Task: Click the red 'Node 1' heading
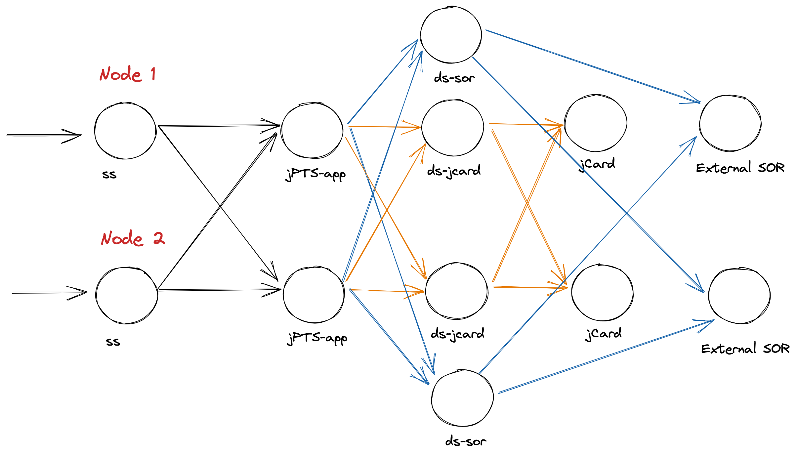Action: click(128, 74)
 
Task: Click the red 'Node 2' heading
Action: click(132, 238)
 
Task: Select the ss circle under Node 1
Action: click(125, 131)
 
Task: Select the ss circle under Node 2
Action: click(127, 295)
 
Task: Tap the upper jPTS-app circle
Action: click(312, 131)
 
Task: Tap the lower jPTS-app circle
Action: click(314, 295)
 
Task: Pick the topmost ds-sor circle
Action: click(451, 35)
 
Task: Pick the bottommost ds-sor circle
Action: click(462, 398)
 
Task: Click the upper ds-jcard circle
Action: click(452, 128)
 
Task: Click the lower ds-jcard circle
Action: click(456, 291)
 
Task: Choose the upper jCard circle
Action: click(595, 123)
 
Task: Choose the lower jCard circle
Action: click(602, 293)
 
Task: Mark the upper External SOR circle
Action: click(730, 123)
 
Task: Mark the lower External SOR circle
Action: click(739, 296)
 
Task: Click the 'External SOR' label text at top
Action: click(740, 168)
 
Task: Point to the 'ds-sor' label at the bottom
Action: click(466, 441)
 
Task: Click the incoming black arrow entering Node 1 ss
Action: click(43, 135)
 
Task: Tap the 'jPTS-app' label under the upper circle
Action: click(315, 174)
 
